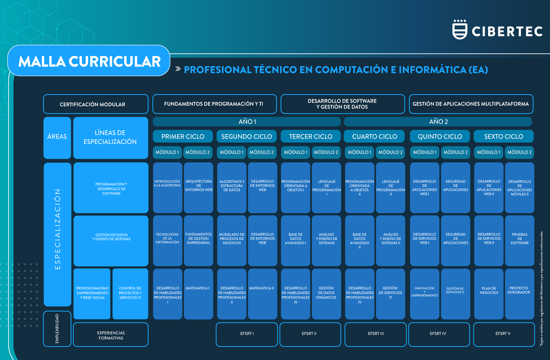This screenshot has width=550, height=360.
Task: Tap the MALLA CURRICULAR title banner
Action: coord(89,61)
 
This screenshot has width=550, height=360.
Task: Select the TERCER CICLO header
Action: coord(311,136)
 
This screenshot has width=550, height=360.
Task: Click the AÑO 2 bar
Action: coord(438,122)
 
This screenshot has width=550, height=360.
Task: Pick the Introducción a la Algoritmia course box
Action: coord(167,187)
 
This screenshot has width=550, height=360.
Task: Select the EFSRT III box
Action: coord(375,333)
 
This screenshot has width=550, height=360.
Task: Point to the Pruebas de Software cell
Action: coord(519,240)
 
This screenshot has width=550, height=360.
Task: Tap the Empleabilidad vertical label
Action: coord(57,329)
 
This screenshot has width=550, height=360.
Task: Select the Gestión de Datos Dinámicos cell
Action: coord(326,294)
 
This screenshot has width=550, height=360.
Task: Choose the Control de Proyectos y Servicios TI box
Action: coord(130,294)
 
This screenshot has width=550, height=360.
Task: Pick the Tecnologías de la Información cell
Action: coord(167,240)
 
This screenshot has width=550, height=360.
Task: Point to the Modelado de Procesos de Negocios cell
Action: coord(231,240)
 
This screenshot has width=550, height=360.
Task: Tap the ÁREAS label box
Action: coord(57,137)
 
